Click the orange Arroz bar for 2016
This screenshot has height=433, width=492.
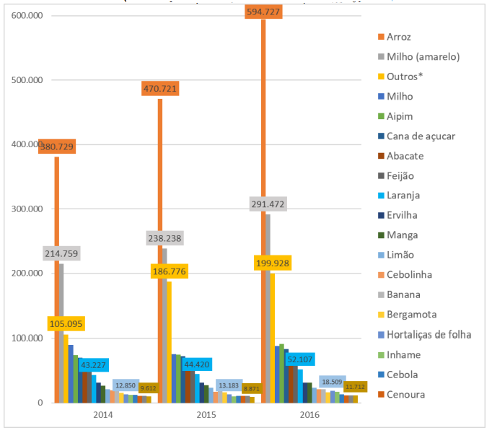point(264,216)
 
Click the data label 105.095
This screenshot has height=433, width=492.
point(69,323)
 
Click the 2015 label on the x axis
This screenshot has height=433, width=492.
point(206,416)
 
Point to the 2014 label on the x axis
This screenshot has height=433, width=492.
point(103,416)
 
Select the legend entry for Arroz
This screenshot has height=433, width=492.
point(398,37)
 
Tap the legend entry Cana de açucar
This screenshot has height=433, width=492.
point(420,136)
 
